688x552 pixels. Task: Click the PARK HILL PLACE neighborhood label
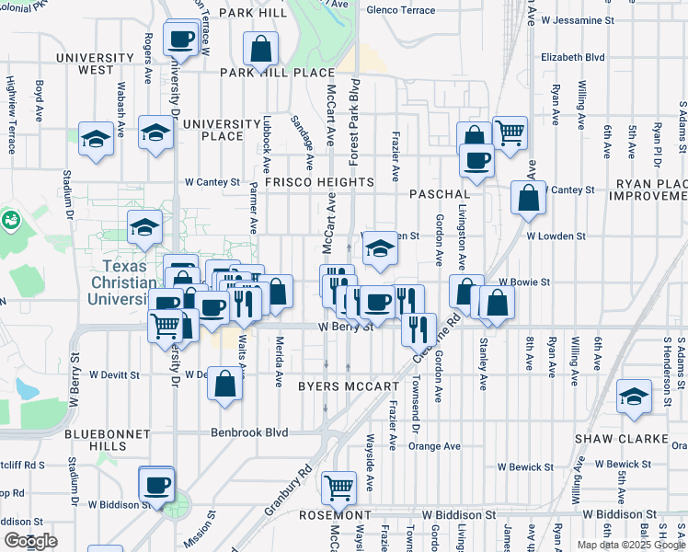coord(276,73)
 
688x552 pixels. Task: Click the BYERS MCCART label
coord(348,387)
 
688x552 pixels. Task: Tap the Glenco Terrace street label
coord(400,10)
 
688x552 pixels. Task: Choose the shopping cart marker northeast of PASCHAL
coord(510,131)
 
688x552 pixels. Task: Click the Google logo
coord(30,541)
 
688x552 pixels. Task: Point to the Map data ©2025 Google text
coord(630,545)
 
